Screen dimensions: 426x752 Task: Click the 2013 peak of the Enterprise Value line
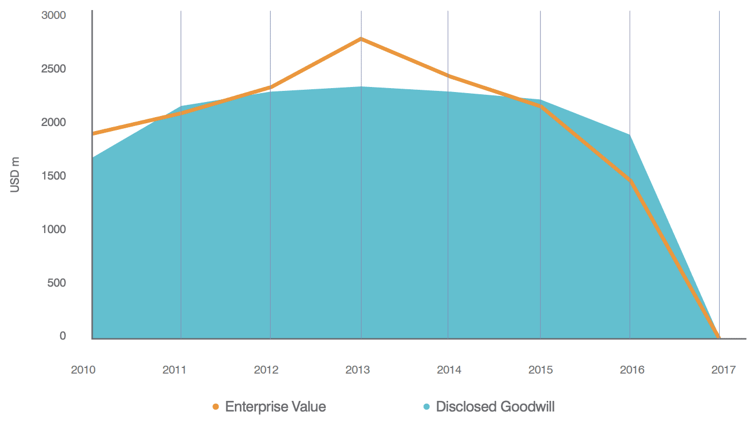[x=361, y=38]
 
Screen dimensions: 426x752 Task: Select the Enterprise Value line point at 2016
[x=630, y=180]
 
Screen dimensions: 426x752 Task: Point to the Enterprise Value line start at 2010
[x=93, y=134]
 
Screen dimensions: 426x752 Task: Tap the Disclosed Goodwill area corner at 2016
[x=630, y=135]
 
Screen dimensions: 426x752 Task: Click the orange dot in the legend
[x=216, y=406]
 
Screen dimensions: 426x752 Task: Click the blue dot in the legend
[x=427, y=406]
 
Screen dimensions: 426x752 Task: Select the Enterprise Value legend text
[x=275, y=406]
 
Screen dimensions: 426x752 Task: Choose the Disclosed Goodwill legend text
[x=495, y=406]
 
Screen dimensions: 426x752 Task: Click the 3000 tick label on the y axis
[x=54, y=15]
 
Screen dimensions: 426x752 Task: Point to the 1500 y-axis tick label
[x=54, y=176]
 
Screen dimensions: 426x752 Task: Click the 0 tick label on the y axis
[x=62, y=336]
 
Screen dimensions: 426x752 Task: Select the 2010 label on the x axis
[x=83, y=370]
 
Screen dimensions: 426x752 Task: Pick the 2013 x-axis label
[x=358, y=370]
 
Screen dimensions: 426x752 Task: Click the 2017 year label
[x=724, y=370]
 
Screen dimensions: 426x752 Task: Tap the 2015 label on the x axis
[x=541, y=370]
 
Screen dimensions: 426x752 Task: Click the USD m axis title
[x=15, y=175]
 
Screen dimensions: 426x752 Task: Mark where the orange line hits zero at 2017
[x=719, y=337]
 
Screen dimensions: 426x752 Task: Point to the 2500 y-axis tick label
[x=54, y=69]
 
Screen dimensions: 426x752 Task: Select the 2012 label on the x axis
[x=266, y=370]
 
